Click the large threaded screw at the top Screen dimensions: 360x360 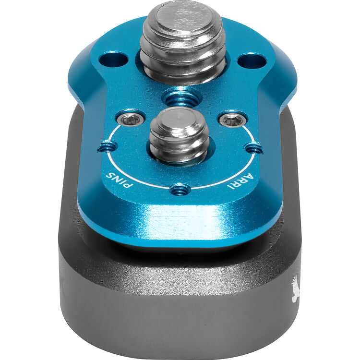click(182, 42)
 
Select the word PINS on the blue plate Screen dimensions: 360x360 click(119, 180)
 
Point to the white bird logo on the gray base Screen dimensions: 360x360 click(296, 288)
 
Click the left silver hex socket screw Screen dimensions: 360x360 click(131, 120)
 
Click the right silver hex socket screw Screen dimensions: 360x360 click(232, 120)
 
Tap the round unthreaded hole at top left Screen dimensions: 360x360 click(113, 60)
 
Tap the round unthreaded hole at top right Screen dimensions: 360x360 click(252, 61)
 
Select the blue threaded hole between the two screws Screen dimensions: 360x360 click(181, 97)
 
